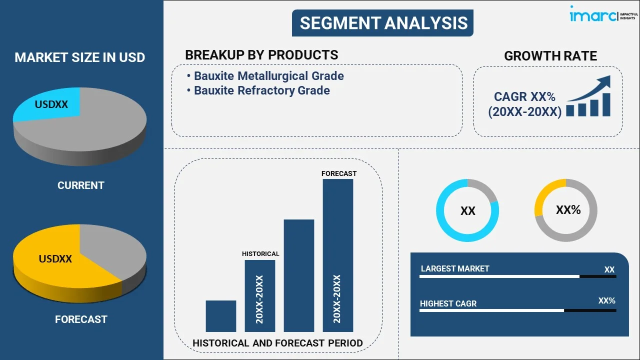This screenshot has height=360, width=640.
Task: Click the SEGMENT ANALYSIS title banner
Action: click(x=382, y=23)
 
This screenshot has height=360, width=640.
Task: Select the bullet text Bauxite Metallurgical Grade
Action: click(x=268, y=76)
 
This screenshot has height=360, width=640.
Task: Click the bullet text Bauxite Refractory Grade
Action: click(x=261, y=90)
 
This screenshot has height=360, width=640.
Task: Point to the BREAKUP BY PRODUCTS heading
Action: click(x=261, y=55)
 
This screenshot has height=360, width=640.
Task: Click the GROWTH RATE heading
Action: click(x=550, y=56)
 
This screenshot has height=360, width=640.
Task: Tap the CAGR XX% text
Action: click(x=524, y=96)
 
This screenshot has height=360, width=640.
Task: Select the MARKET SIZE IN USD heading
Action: click(x=80, y=57)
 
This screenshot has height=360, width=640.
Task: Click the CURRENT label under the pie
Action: click(x=80, y=185)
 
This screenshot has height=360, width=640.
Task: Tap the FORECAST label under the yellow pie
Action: click(x=81, y=319)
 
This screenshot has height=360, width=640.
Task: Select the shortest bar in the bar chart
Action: click(x=220, y=316)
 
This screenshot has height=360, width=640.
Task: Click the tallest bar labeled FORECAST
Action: click(x=338, y=255)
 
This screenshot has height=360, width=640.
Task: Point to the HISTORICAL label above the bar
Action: click(x=260, y=254)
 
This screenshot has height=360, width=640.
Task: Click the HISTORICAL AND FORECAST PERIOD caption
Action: click(x=277, y=343)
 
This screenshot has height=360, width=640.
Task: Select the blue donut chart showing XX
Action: click(x=467, y=210)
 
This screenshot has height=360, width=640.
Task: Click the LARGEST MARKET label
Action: click(x=454, y=269)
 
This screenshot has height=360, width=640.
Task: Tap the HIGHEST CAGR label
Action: click(x=448, y=303)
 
